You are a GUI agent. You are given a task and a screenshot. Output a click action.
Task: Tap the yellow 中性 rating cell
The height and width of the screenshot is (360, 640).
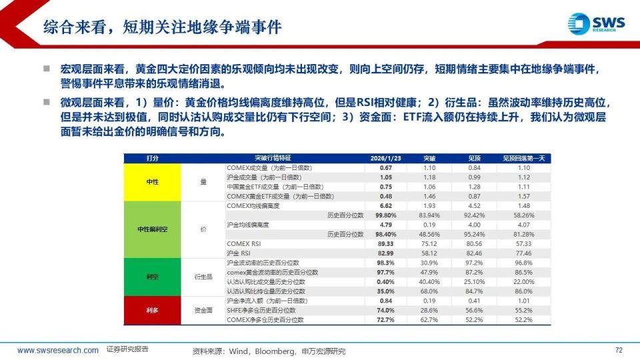click(x=152, y=182)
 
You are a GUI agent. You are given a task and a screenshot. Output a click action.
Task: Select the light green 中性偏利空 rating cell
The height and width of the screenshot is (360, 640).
click(x=152, y=229)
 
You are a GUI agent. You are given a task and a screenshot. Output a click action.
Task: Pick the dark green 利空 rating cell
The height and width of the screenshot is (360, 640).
click(x=152, y=277)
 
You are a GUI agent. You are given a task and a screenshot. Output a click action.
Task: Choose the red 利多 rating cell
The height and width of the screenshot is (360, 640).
click(x=152, y=310)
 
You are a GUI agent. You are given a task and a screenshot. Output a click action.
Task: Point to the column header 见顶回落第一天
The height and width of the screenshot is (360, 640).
click(x=523, y=158)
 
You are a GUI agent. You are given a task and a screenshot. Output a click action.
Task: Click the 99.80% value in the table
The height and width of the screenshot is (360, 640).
click(x=386, y=215)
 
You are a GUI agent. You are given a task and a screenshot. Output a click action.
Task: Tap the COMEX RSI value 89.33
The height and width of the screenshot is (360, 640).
click(x=386, y=244)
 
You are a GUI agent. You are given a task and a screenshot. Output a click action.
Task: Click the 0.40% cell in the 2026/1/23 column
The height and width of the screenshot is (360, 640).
click(x=386, y=281)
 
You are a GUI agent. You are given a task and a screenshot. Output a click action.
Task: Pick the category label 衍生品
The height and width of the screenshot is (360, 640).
click(x=203, y=277)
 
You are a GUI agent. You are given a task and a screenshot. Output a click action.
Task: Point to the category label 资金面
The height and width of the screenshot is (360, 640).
click(x=203, y=310)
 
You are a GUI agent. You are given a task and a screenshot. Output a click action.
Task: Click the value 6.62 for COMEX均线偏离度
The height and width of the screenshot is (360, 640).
click(x=386, y=206)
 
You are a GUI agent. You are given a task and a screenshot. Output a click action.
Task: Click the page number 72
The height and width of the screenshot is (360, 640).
click(x=618, y=350)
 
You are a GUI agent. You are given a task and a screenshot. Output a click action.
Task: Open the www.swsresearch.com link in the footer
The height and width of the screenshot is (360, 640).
click(x=58, y=350)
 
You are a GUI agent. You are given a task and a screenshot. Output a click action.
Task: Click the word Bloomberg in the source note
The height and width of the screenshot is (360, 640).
click(x=271, y=351)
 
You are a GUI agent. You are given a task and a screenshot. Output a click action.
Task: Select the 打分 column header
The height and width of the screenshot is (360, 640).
click(x=152, y=158)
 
